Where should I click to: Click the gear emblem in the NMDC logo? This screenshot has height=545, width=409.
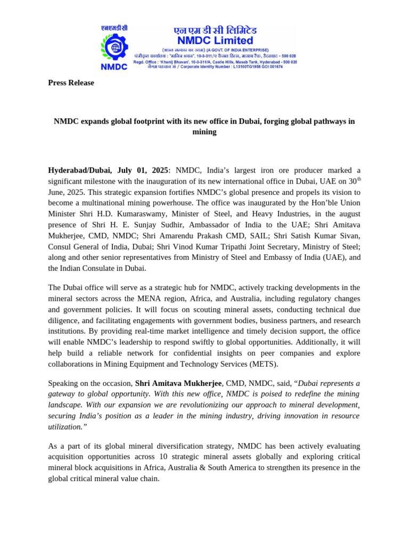click(x=113, y=47)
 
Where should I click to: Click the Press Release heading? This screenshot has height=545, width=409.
click(x=71, y=82)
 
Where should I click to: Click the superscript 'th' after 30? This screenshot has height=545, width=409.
click(x=358, y=179)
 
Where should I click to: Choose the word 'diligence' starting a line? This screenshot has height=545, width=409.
click(x=63, y=320)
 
